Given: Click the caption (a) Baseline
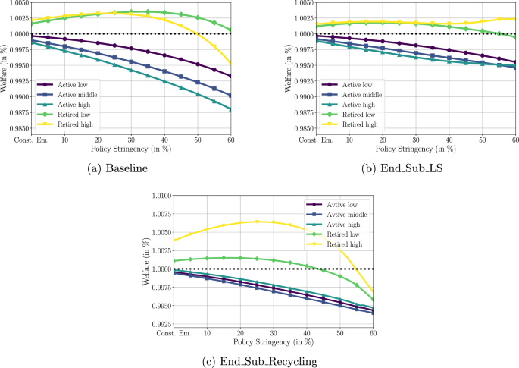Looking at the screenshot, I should pyautogui.click(x=126, y=168).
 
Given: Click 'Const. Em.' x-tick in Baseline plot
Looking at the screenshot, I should pyautogui.click(x=31, y=142).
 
